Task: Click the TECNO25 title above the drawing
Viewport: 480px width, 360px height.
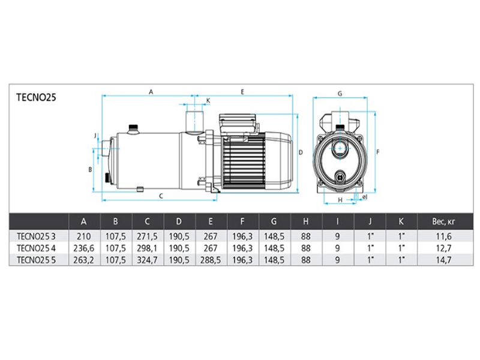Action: pos(36,97)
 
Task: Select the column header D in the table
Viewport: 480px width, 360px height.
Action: pos(179,221)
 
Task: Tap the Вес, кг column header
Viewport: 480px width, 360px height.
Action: pos(443,221)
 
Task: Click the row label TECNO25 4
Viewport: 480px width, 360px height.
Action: pos(36,248)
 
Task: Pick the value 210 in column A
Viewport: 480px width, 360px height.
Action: pos(83,236)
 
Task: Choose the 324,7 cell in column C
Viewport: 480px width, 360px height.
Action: pos(147,260)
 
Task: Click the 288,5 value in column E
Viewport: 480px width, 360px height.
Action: pos(211,260)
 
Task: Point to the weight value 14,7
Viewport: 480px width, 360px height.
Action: pos(443,260)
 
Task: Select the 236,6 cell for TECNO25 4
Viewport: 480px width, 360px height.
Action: pos(83,248)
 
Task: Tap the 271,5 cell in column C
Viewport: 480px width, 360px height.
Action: pos(147,236)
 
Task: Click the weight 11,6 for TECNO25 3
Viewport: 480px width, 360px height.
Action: pos(443,236)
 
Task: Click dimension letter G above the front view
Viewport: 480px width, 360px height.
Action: pos(340,94)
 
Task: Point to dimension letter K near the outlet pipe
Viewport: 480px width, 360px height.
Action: pos(208,100)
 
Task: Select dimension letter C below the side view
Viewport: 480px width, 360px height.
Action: pos(161,196)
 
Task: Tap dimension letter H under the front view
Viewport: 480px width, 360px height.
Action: pos(340,200)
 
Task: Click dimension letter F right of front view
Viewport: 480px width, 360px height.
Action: pos(378,152)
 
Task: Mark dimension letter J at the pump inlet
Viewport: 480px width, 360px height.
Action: pos(95,136)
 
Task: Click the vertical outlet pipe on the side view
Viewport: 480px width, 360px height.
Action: pos(194,122)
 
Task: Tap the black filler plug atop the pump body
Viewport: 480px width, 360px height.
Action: pos(133,127)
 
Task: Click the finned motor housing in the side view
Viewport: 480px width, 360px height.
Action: pos(244,161)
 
